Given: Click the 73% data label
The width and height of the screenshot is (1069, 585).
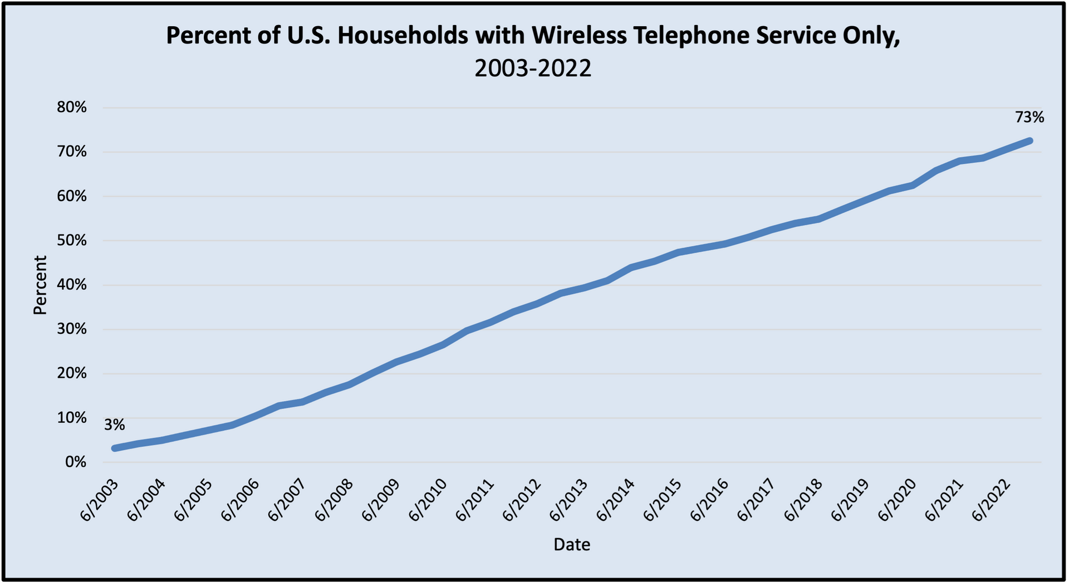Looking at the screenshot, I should tap(1029, 118).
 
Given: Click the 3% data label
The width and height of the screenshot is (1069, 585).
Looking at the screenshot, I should tap(114, 426).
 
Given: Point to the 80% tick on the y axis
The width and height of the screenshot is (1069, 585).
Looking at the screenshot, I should tap(72, 108).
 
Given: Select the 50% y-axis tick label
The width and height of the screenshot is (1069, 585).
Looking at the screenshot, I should tap(72, 241).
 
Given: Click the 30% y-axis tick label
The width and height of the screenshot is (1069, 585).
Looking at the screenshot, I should tap(72, 329).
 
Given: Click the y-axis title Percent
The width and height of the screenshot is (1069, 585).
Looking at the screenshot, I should tap(40, 285).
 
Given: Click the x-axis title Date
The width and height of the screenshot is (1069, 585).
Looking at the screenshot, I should tap(572, 544).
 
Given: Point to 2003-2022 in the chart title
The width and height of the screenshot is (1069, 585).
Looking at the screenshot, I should tap(533, 69).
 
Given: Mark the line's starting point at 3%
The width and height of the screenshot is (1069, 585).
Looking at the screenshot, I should tap(115, 448).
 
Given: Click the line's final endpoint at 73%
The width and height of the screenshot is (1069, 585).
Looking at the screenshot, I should tap(1029, 141).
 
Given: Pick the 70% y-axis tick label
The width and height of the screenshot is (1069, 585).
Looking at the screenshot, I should tap(72, 152).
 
